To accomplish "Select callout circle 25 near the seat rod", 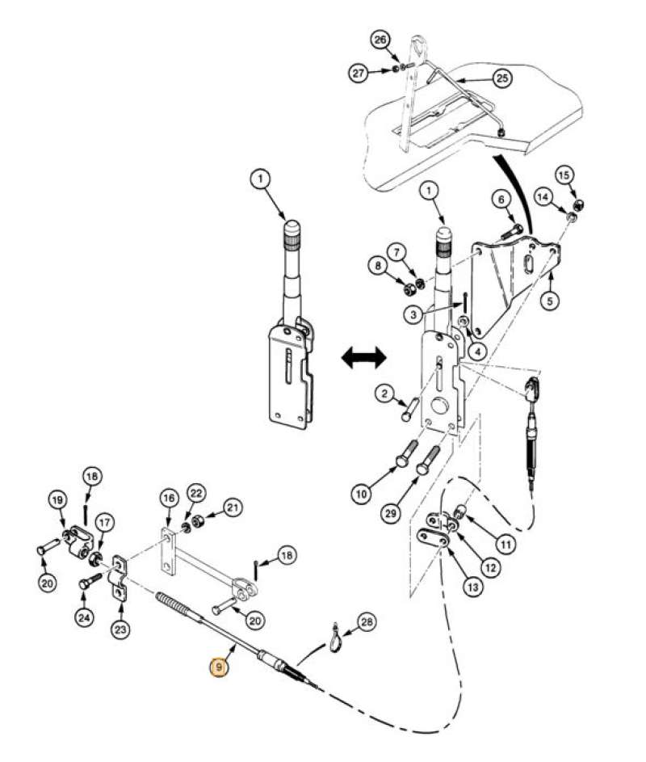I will point(502,78).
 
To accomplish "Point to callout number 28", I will point(367,622).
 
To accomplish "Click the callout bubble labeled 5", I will point(550,301).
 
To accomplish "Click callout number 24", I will point(84,617).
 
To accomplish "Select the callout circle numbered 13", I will point(471,587).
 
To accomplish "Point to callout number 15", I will point(564,175).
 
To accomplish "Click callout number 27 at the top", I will point(359,73).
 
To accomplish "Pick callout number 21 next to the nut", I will point(233,507).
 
